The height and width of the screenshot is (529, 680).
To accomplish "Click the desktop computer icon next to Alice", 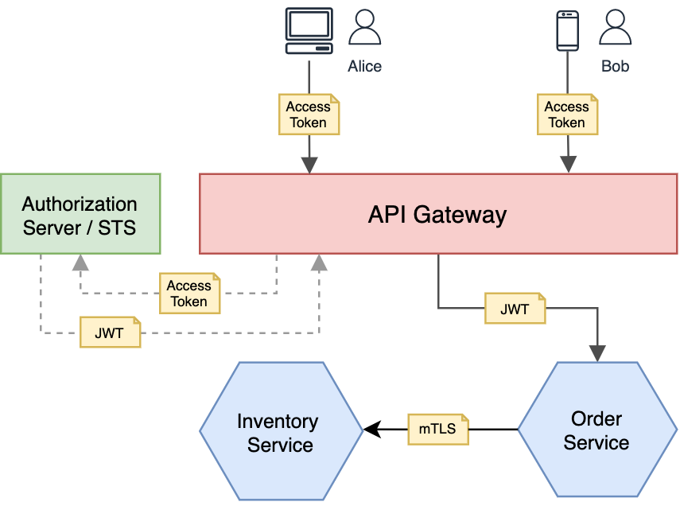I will click(309, 31).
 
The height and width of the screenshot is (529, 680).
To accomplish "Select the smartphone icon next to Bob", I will click(567, 30).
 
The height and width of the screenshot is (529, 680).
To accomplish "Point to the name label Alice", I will click(365, 67).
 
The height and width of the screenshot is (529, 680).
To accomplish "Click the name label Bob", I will click(615, 67).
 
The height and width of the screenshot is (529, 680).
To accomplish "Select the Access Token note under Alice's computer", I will click(309, 115).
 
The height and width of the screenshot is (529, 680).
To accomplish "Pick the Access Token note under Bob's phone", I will click(567, 115).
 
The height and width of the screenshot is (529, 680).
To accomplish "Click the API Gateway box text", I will click(437, 215).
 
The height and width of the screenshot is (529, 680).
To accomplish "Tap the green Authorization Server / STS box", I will click(80, 214).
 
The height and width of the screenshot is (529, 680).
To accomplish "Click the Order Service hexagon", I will click(596, 430).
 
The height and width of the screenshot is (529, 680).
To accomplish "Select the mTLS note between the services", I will click(437, 430).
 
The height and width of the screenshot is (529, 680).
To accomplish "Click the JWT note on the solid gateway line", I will click(515, 309).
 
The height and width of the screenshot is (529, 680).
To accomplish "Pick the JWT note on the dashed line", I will click(110, 333).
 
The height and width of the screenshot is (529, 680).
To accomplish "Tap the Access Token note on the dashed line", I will click(189, 293).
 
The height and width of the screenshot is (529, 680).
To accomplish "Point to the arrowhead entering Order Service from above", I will click(597, 353).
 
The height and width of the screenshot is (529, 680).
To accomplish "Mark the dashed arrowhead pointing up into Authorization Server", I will click(80, 263).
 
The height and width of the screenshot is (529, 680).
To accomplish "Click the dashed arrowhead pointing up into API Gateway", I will click(319, 263).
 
